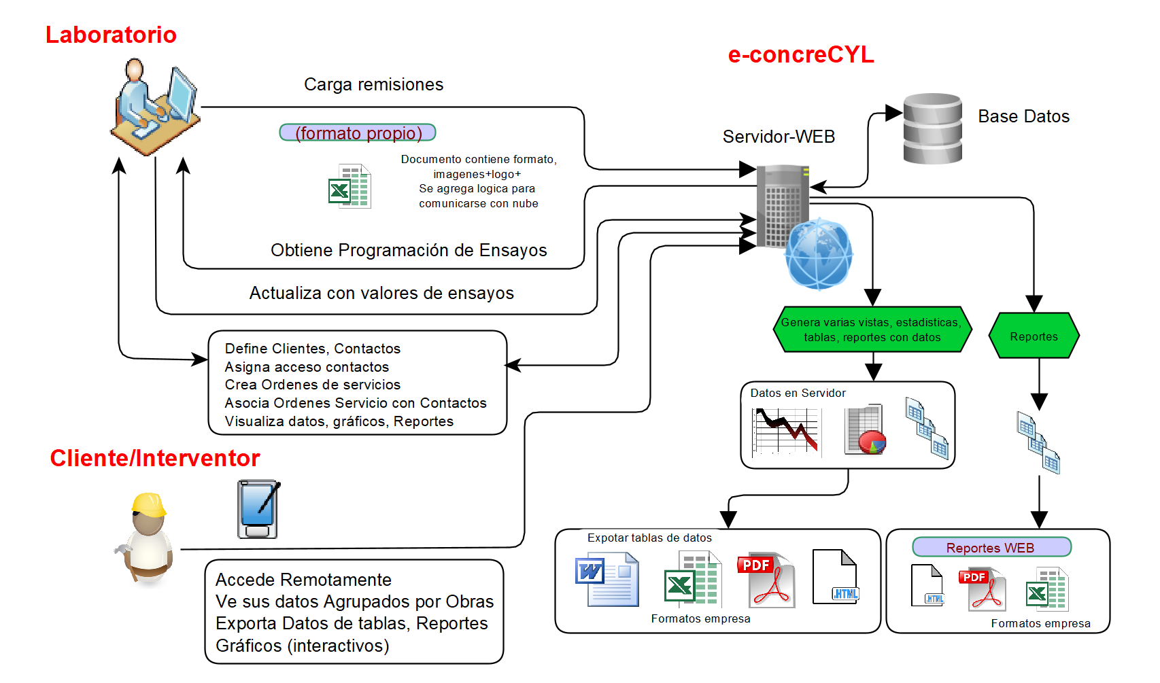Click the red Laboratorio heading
coord(111,35)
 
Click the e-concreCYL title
coord(801,54)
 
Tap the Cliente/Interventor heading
coord(155,458)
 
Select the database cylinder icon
coord(932,128)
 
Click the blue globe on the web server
coord(819,254)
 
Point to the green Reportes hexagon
coord(1034,336)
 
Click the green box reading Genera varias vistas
coord(872,330)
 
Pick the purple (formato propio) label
coord(358,133)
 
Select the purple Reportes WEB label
coord(991,547)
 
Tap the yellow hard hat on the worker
coord(149,504)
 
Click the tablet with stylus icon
coord(258,509)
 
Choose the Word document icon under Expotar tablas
coord(607,579)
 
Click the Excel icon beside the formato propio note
coord(349,186)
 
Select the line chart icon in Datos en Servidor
coord(786,432)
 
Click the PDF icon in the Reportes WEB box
coord(982,589)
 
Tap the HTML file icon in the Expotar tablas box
coord(836,577)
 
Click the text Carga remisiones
coord(373,84)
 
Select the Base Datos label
coord(1023,116)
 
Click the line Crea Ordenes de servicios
coord(313,385)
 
